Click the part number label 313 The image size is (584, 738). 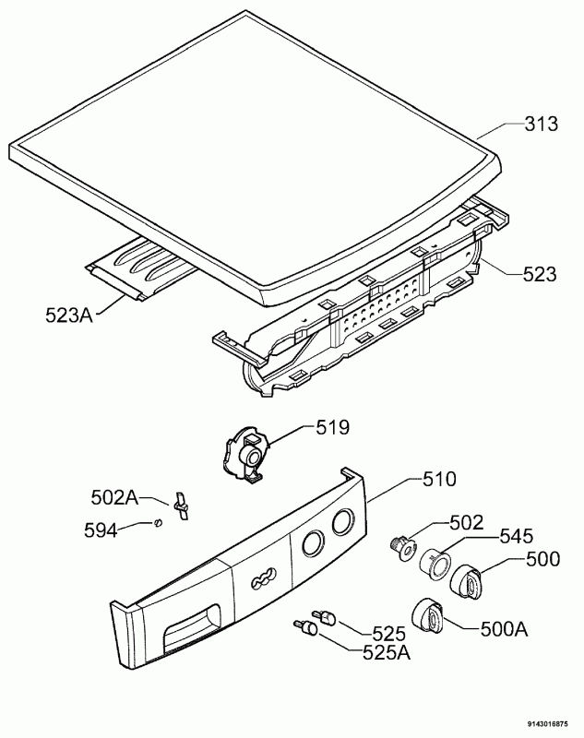point(542,125)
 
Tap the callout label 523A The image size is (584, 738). point(69,315)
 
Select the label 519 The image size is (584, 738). point(333,427)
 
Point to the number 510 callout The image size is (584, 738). point(439,479)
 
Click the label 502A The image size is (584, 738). point(114,497)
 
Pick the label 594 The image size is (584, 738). point(101,530)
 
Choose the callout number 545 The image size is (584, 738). point(516,536)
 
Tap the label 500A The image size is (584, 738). point(504,629)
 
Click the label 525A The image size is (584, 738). point(387,652)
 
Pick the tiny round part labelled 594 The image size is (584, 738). point(159,522)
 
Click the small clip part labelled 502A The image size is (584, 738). point(180,506)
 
